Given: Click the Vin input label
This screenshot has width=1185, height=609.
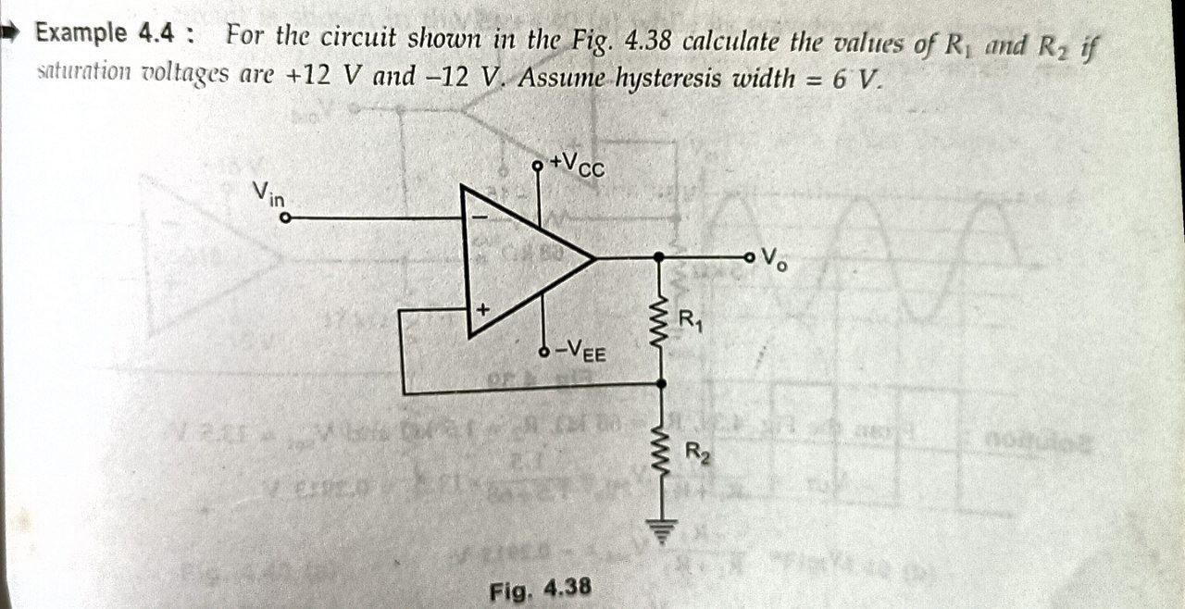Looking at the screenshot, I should [269, 193].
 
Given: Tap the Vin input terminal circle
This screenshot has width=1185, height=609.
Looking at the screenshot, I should [286, 218].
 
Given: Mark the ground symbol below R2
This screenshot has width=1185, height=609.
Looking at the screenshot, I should [660, 529].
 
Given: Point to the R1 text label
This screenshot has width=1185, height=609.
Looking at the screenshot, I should [691, 321].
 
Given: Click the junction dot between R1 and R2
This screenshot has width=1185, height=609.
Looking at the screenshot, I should [660, 383].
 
